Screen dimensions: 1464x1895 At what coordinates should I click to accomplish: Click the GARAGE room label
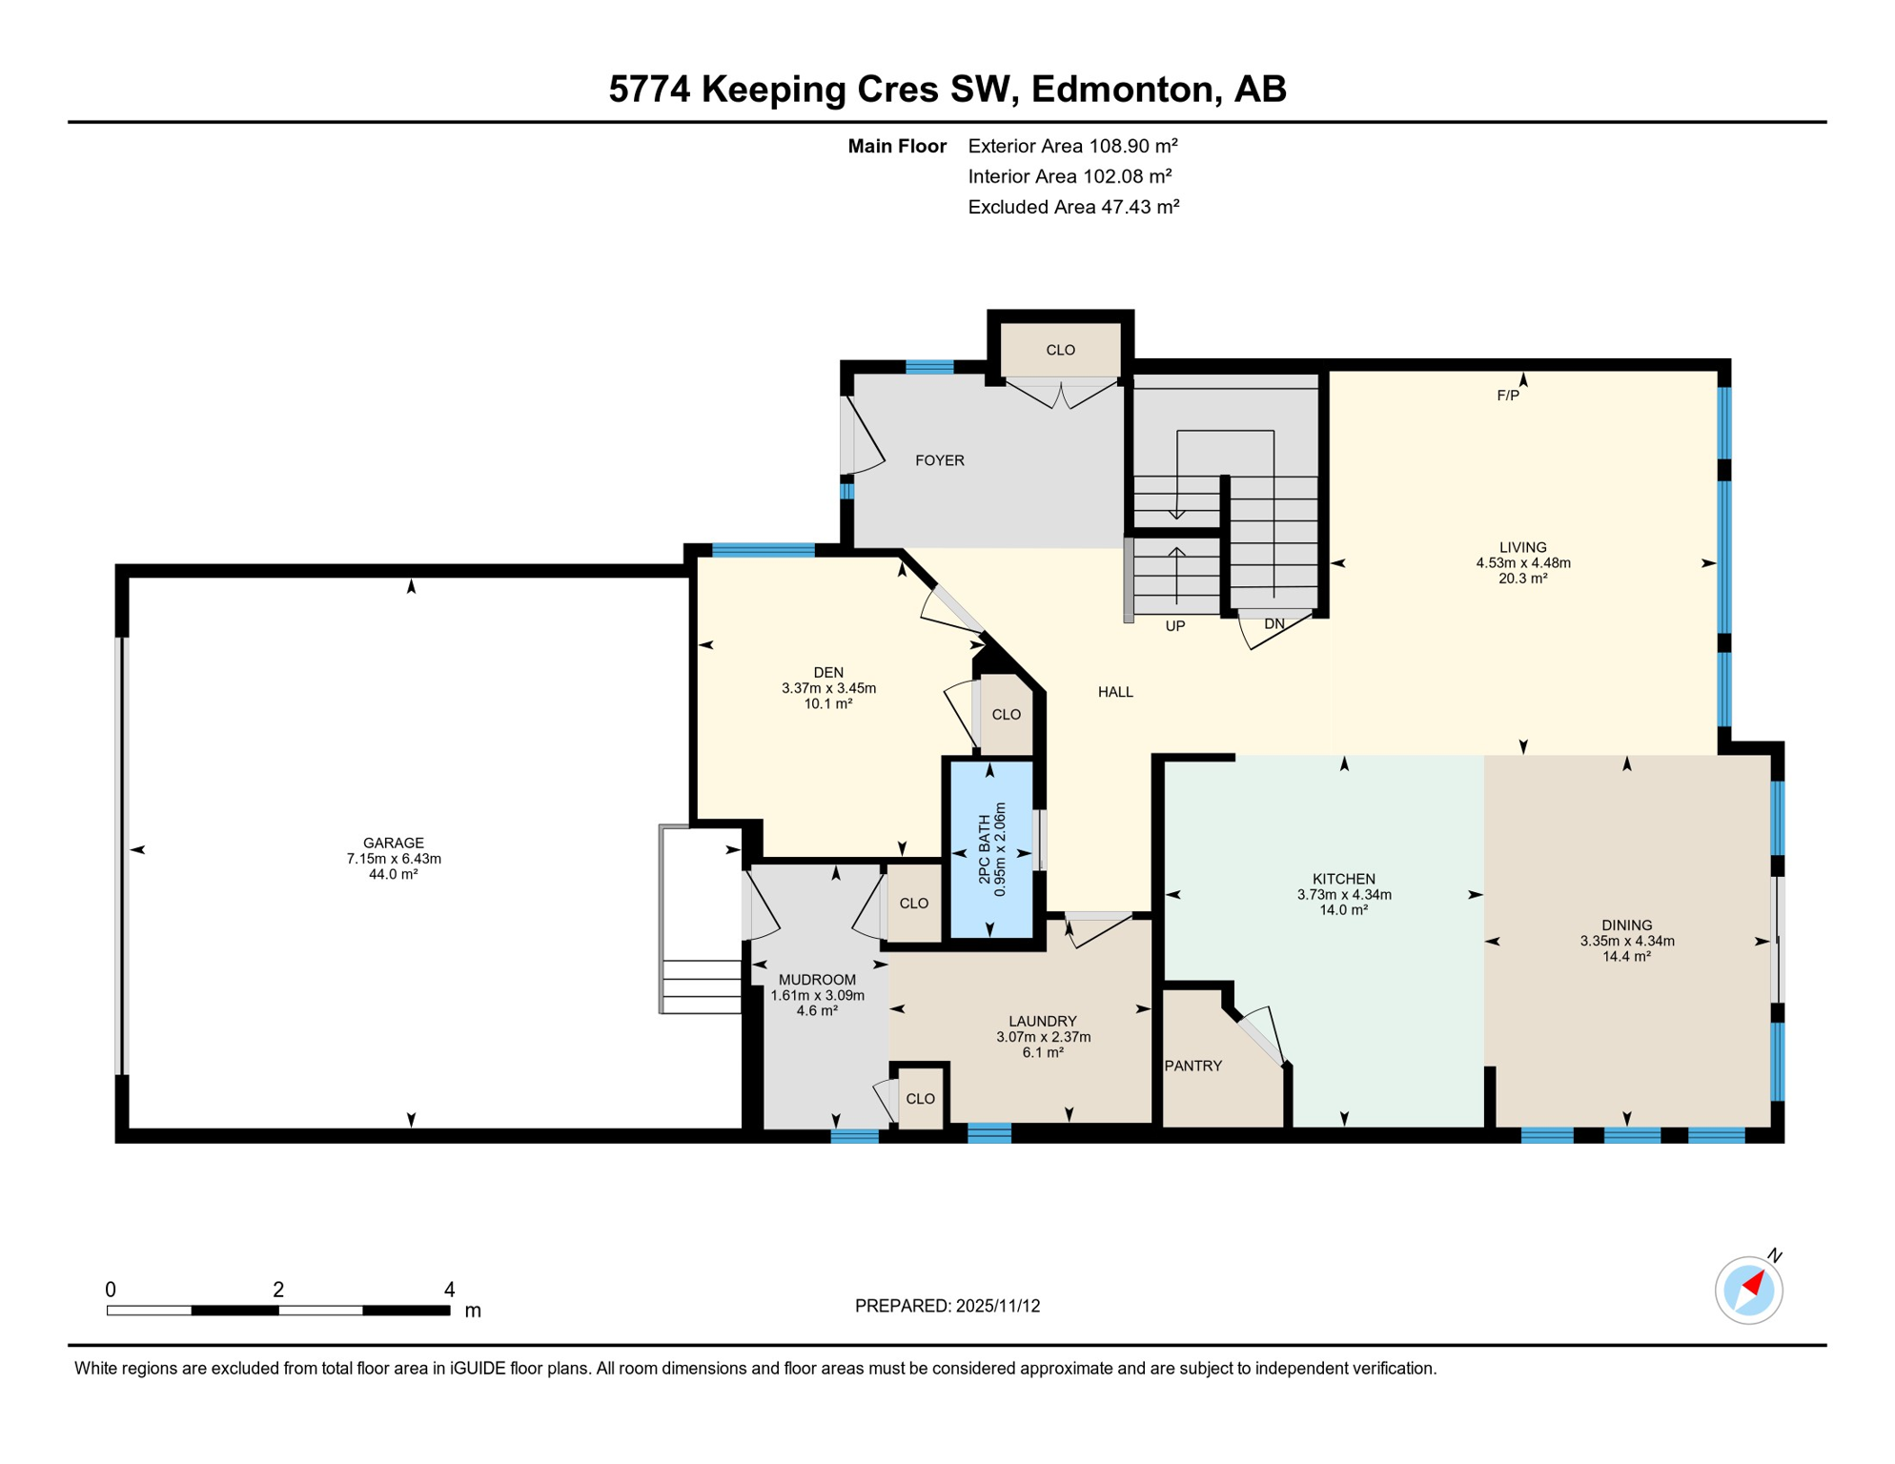(x=393, y=843)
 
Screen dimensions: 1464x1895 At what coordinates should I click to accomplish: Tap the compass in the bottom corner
(x=1748, y=1290)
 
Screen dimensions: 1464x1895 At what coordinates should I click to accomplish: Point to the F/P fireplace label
(x=1507, y=396)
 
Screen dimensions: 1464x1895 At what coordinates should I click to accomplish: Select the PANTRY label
(x=1192, y=1066)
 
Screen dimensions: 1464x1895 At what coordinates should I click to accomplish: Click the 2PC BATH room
(x=991, y=848)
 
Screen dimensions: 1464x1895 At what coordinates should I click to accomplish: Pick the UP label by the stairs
(x=1174, y=626)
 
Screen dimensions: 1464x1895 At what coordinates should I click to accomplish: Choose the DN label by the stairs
(x=1274, y=624)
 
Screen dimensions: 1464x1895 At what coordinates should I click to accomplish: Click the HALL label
(x=1114, y=692)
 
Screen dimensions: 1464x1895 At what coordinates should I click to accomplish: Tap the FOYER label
(x=939, y=460)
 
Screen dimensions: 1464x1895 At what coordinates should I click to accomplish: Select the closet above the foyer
(x=1060, y=350)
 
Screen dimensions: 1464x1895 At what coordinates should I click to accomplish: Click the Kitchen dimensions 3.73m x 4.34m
(x=1343, y=894)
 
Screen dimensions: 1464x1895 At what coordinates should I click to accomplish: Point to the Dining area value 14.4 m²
(x=1625, y=956)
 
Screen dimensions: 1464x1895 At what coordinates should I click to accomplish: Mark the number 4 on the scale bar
(x=449, y=1290)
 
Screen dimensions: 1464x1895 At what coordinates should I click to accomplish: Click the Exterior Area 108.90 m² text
(x=1072, y=146)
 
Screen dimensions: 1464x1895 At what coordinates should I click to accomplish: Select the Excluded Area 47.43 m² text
(x=1072, y=207)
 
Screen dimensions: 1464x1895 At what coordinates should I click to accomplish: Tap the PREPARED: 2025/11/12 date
(x=947, y=1306)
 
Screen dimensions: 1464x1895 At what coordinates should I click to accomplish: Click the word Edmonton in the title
(x=1122, y=89)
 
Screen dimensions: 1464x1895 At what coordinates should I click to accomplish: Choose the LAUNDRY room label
(x=1042, y=1021)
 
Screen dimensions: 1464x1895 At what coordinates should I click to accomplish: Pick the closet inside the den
(x=1006, y=715)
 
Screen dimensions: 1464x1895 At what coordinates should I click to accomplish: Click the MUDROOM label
(x=817, y=980)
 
